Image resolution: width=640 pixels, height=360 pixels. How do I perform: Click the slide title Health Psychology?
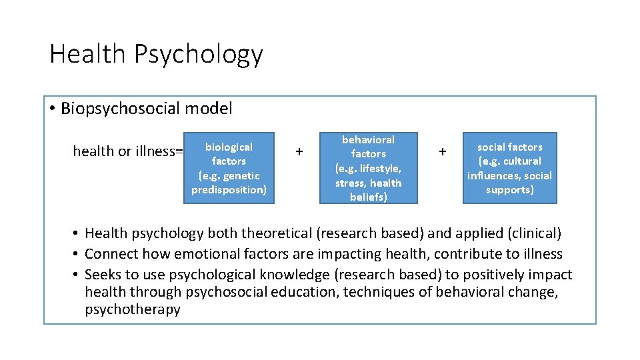[x=156, y=54]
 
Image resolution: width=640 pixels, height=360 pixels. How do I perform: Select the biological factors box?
[x=229, y=168]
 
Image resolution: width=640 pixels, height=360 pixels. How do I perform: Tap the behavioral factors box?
[x=368, y=168]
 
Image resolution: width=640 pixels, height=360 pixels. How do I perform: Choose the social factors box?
[x=509, y=168]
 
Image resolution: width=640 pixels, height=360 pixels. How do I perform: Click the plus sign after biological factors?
[x=299, y=152]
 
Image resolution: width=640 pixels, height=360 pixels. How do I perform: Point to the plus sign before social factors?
[x=441, y=152]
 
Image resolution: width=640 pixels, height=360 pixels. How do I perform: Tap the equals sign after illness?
[x=178, y=152]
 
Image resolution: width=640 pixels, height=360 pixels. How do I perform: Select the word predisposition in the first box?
[x=229, y=190]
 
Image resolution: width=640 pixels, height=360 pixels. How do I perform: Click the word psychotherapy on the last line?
[x=133, y=310]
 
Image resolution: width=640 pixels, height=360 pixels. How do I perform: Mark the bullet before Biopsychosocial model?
[x=52, y=109]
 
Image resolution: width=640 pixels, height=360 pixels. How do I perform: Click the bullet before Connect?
[x=77, y=254]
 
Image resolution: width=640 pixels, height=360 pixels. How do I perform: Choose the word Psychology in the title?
[x=199, y=54]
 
